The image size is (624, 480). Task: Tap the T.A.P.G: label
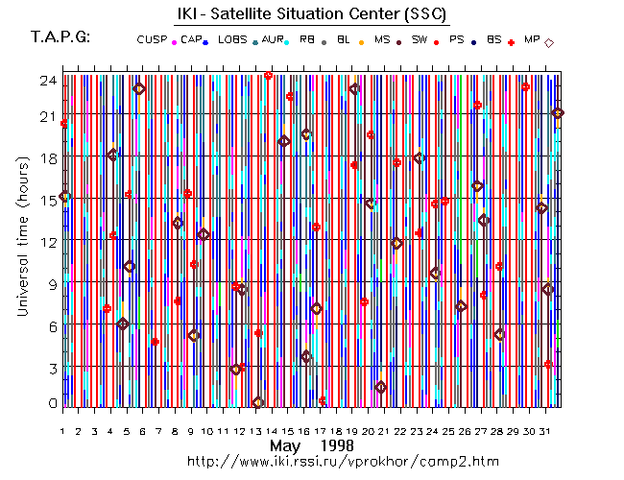coord(60,37)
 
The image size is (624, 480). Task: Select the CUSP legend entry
coord(152,39)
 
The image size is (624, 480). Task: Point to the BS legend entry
coord(494,39)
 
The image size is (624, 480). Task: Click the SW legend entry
coord(418,39)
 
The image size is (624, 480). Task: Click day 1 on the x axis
coord(63,419)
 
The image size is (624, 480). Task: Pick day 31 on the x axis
coord(545,419)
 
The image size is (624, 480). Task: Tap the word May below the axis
coord(284,445)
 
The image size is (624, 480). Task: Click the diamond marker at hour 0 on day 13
coord(257,403)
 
